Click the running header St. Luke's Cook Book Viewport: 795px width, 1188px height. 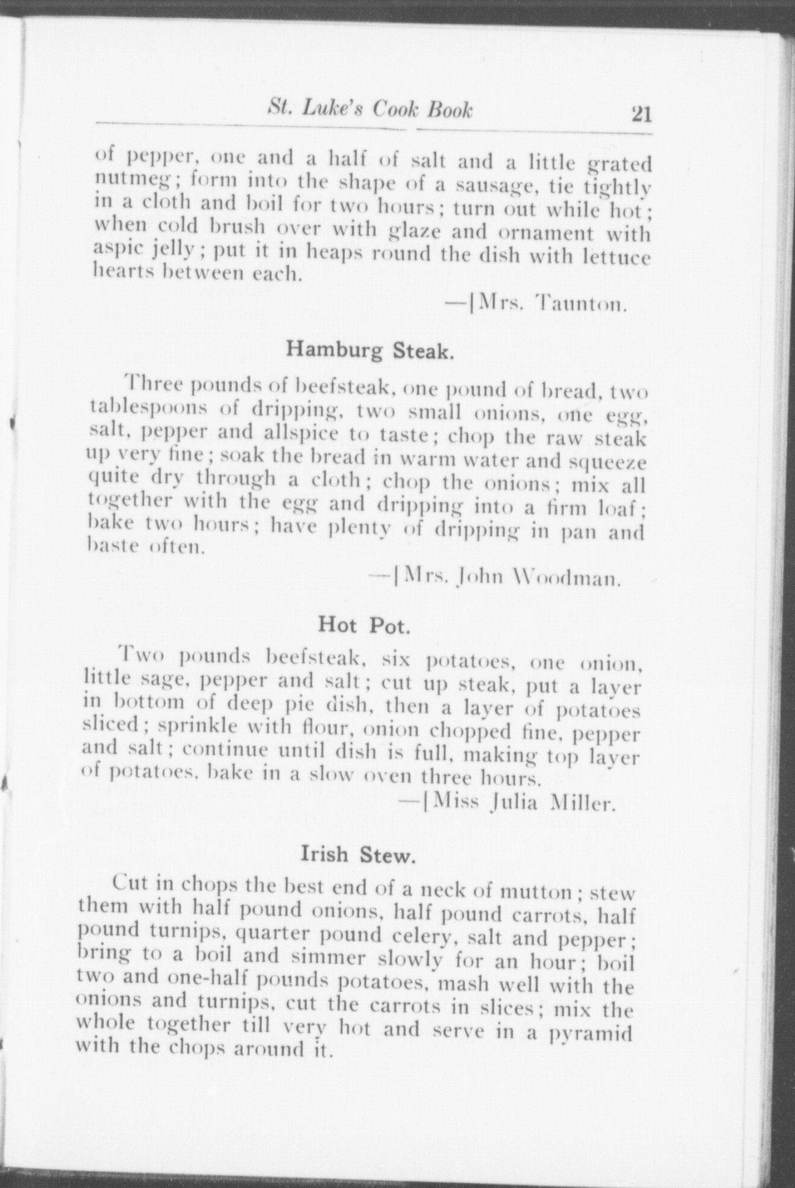(369, 110)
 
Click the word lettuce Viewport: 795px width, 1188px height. (617, 257)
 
